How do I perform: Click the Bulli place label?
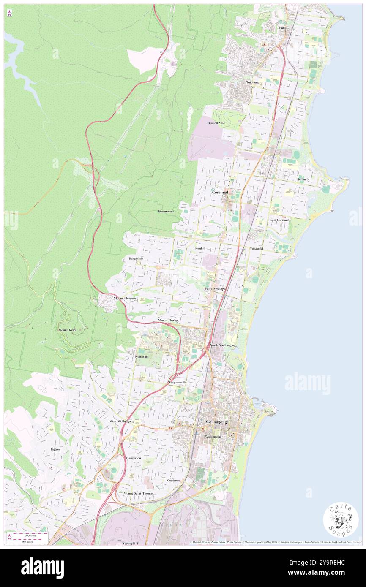282,28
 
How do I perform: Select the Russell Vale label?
216,123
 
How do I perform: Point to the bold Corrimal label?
220,192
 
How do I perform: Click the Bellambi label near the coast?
303,179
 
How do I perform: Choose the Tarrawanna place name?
166,211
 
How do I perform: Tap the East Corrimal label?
279,220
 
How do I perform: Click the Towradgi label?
256,249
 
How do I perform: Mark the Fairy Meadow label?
215,288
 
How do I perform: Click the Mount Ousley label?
168,321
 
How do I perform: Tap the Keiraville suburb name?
142,357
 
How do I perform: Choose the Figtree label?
56,449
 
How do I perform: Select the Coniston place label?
173,480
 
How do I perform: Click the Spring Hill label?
131,543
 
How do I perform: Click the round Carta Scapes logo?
341,519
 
